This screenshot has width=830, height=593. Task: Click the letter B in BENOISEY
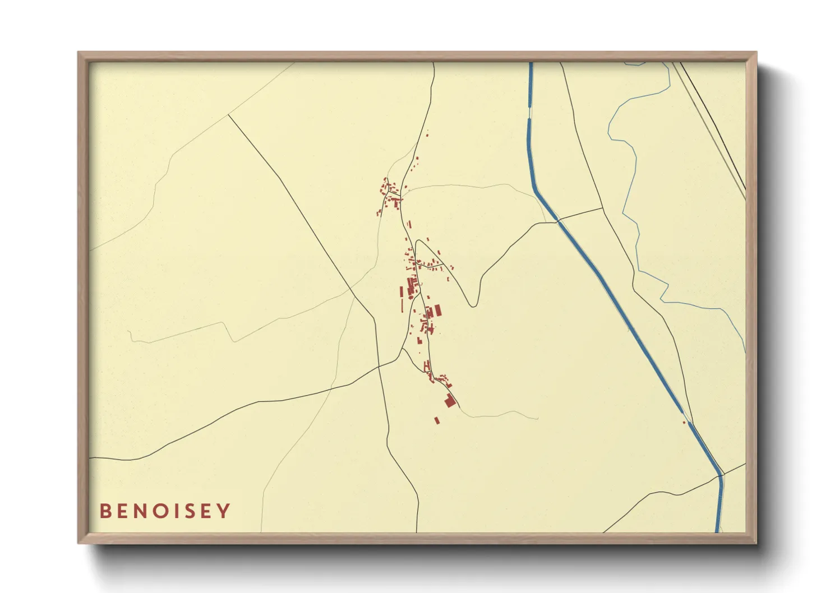105,511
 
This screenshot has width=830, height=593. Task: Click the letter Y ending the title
224,511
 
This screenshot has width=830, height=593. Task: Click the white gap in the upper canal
529,112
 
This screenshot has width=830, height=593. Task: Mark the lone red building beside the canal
684,422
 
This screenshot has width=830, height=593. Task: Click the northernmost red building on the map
427,134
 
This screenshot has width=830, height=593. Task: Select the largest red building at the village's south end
450,400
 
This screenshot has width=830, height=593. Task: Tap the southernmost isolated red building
437,420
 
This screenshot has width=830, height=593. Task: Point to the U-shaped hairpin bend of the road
474,303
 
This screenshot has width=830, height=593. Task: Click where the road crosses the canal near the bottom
721,476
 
